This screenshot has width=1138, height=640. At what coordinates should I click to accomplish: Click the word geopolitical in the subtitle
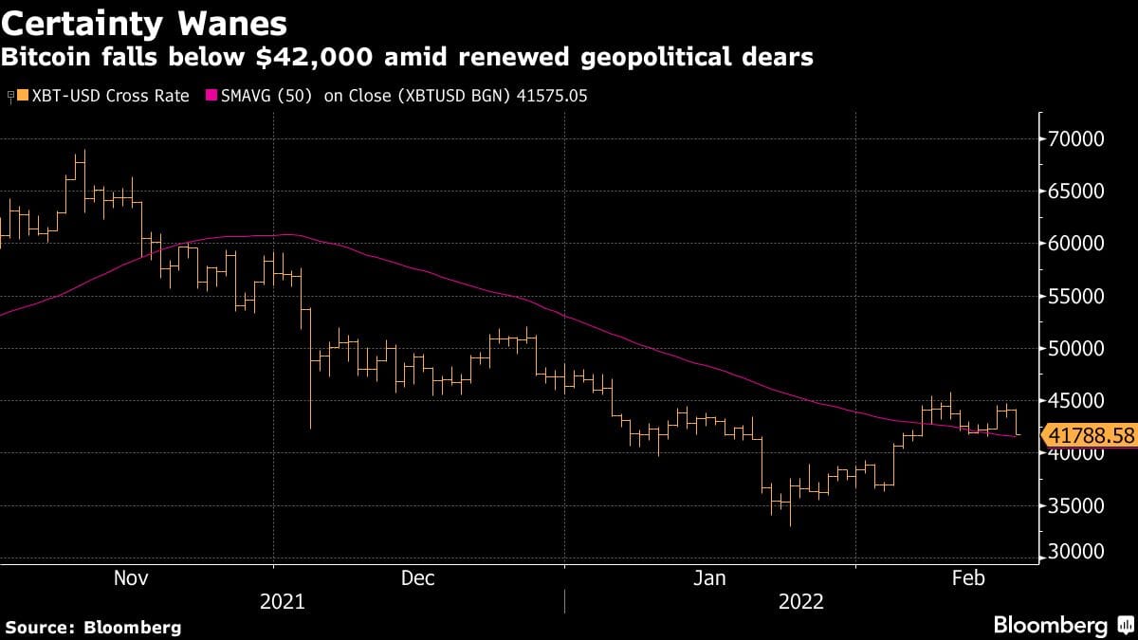[659, 58]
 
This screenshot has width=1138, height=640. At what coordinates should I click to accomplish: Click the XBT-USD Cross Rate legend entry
[105, 96]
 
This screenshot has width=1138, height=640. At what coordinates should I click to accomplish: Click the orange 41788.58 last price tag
[1089, 436]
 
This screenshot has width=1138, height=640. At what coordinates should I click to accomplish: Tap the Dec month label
[417, 578]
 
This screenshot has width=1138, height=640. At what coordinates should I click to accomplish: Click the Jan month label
[708, 578]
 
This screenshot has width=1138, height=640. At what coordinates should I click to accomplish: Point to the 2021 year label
[282, 602]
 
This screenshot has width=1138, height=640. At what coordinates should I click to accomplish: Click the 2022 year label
[801, 602]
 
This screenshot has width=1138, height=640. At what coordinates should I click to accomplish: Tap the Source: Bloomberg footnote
[93, 627]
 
